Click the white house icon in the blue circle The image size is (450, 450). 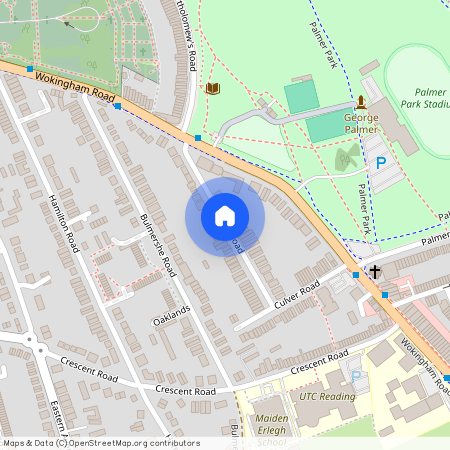[x=225, y=215]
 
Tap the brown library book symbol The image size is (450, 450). [x=212, y=89]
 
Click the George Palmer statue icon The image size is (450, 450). [x=360, y=102]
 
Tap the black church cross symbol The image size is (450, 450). [x=375, y=271]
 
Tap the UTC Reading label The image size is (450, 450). [x=327, y=397]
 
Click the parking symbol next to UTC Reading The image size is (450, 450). [x=356, y=376]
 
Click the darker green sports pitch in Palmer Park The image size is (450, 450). [x=299, y=98]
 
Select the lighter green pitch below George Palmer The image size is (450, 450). [x=324, y=129]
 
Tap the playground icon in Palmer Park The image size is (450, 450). [x=347, y=157]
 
